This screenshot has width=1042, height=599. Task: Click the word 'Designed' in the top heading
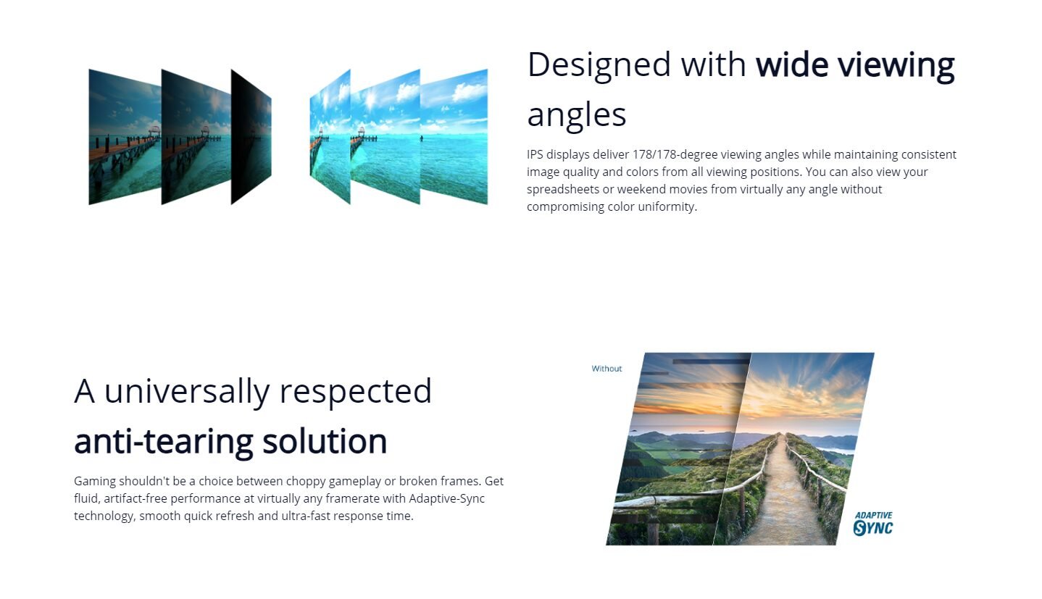click(x=599, y=64)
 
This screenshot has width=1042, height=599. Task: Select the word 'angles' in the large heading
click(x=577, y=115)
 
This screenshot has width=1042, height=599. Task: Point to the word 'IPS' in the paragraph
click(x=535, y=154)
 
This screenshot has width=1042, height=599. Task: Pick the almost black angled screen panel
click(x=251, y=137)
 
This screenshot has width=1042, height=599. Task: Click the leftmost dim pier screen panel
click(x=125, y=137)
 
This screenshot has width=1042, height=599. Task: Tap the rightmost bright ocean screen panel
click(x=454, y=137)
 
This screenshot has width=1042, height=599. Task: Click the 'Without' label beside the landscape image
click(x=607, y=369)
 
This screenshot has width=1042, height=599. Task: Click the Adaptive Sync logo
click(x=874, y=524)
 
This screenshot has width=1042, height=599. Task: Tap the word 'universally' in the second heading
click(x=186, y=392)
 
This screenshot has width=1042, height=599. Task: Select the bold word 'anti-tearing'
click(x=164, y=441)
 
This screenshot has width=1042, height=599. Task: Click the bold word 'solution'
click(x=325, y=441)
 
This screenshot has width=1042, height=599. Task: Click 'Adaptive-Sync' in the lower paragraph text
click(x=446, y=498)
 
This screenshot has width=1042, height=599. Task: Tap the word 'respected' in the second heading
click(x=355, y=392)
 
